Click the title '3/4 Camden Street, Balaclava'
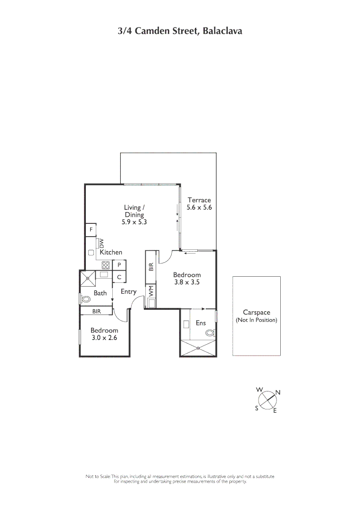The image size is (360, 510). [x=180, y=32]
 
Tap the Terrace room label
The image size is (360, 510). [x=199, y=200]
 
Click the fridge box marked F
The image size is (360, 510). [x=91, y=230]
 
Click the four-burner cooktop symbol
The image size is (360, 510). [x=105, y=265]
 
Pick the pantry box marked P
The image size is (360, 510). [x=119, y=265]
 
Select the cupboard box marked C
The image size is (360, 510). [x=119, y=277]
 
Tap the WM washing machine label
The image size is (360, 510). [x=151, y=291]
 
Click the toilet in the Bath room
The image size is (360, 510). [x=86, y=299]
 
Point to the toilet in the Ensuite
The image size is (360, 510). [x=209, y=333]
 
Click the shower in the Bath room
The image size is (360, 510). [x=87, y=278]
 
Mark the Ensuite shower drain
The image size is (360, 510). [x=198, y=348]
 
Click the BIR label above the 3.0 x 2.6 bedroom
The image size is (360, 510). [x=96, y=311]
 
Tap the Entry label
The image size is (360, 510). [x=128, y=291]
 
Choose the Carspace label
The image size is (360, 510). [x=256, y=312]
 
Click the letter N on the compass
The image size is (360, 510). [x=278, y=392]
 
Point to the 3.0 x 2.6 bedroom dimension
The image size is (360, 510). [x=104, y=338]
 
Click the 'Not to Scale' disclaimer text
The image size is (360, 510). [x=180, y=479]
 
